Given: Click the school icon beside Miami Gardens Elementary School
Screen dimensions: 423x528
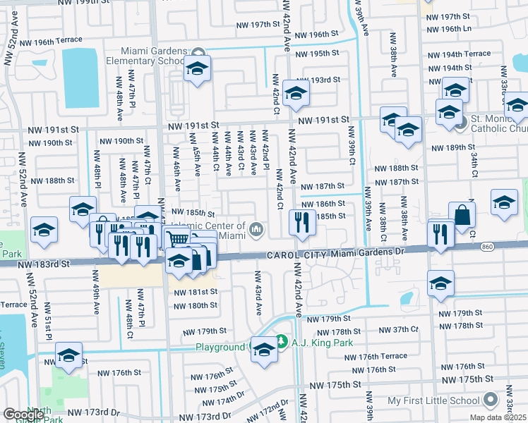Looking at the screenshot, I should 198,68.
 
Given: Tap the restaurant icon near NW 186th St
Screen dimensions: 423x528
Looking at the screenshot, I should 302,222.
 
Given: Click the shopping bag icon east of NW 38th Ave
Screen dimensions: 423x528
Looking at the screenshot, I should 462,215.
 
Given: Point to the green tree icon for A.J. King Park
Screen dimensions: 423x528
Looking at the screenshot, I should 280,341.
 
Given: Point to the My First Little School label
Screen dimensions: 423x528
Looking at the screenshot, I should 433,401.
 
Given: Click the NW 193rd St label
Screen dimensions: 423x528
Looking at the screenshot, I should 318,80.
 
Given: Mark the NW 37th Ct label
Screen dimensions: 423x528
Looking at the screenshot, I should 399,331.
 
